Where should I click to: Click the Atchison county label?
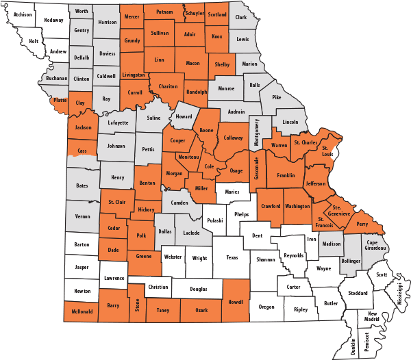coord(23,14)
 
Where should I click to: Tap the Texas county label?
coord(232,258)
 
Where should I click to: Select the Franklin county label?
coord(286,176)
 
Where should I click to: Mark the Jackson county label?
coord(83,127)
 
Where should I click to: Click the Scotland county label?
coord(216,14)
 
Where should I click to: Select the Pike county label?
coord(277,98)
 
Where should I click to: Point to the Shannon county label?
coord(266,259)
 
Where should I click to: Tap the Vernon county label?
coord(83,216)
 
